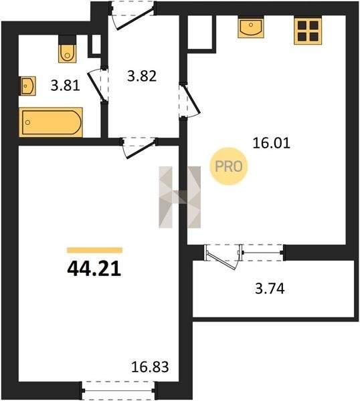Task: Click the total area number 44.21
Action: tap(94, 269)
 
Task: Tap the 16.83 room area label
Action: tap(150, 367)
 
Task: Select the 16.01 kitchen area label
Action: tap(271, 143)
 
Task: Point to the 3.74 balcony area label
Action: tap(270, 289)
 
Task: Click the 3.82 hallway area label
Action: tap(142, 76)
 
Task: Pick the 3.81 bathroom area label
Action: tap(66, 86)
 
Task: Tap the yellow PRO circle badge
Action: tap(229, 166)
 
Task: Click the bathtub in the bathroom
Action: tap(51, 122)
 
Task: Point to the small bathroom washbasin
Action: tap(27, 86)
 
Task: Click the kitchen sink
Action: tap(251, 27)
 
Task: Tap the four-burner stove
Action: tap(308, 31)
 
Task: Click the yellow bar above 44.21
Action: tap(94, 250)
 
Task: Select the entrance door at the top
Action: tap(132, 15)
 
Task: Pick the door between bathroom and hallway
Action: tap(98, 84)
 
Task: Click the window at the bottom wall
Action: tap(118, 390)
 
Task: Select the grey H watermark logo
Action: tap(180, 197)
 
